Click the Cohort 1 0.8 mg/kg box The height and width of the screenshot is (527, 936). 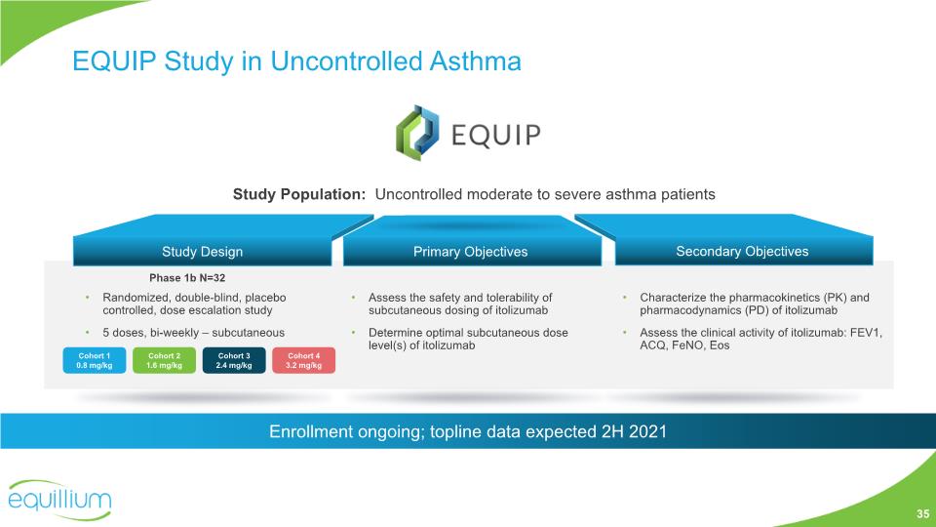pyautogui.click(x=95, y=360)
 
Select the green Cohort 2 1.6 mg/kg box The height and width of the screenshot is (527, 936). pyautogui.click(x=164, y=360)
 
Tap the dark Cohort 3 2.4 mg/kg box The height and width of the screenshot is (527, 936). pyautogui.click(x=234, y=360)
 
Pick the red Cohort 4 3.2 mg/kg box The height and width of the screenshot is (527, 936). pyautogui.click(x=304, y=360)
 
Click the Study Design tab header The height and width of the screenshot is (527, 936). pyautogui.click(x=203, y=252)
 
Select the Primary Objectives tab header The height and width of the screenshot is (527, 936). pyautogui.click(x=471, y=252)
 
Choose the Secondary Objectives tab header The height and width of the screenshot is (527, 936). pyautogui.click(x=743, y=251)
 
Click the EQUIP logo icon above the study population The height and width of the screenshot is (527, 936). pyautogui.click(x=417, y=133)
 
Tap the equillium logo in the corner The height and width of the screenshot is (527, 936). pyautogui.click(x=59, y=500)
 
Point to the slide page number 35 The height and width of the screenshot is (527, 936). pyautogui.click(x=923, y=514)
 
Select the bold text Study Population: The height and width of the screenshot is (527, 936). pyautogui.click(x=299, y=194)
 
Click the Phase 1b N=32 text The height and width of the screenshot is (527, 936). pyautogui.click(x=187, y=278)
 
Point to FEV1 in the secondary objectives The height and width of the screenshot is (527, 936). pyautogui.click(x=866, y=332)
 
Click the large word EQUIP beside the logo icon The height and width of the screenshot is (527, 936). pyautogui.click(x=496, y=135)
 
